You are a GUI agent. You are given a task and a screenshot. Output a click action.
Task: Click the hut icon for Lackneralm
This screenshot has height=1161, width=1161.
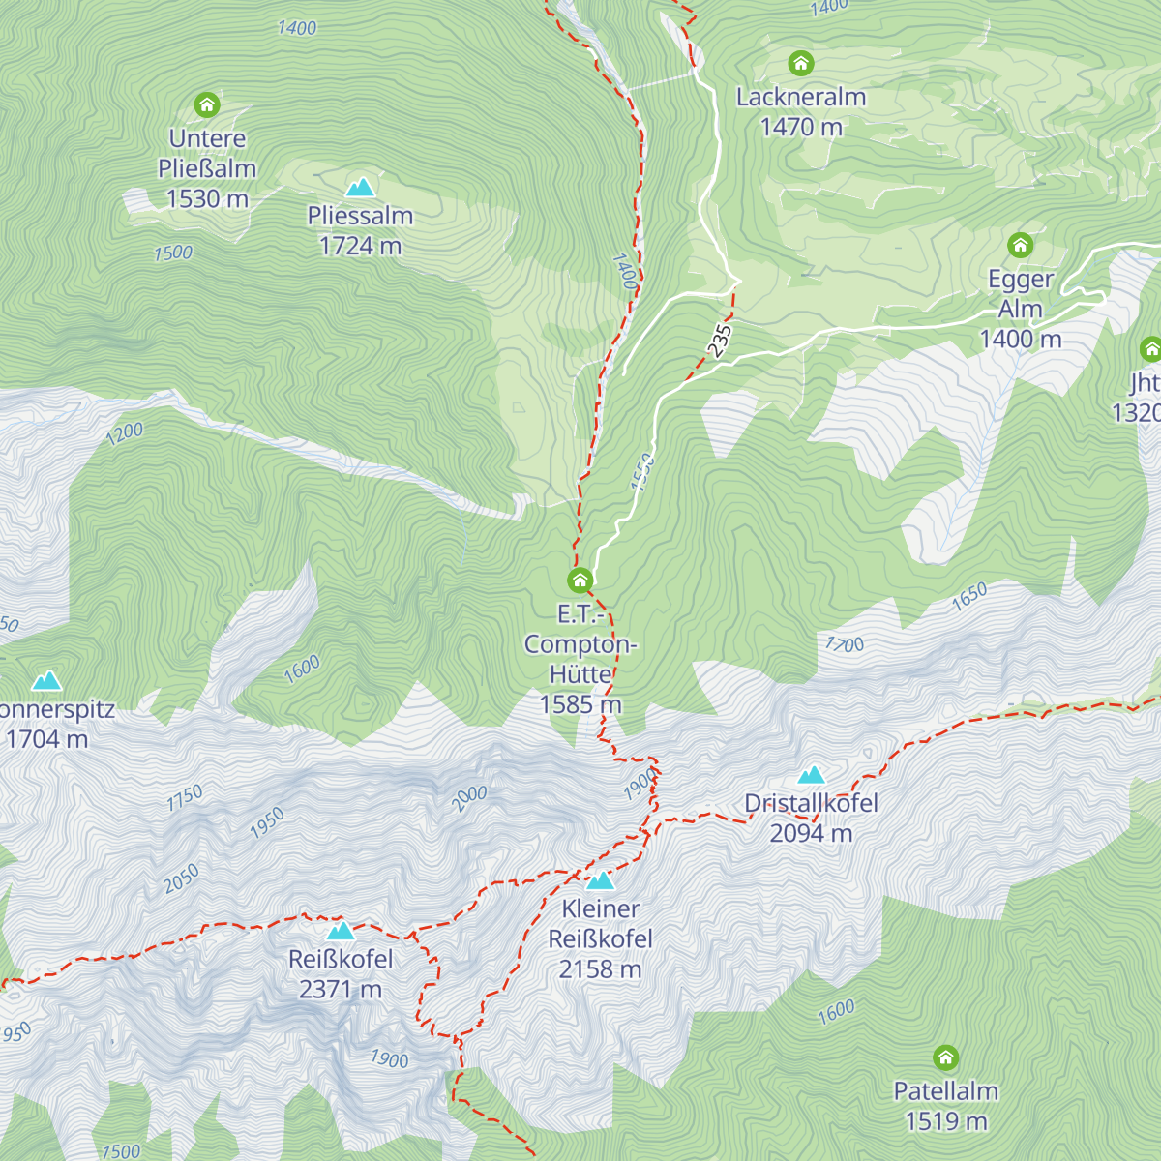(800, 64)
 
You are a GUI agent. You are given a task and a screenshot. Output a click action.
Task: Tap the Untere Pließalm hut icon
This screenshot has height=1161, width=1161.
(207, 104)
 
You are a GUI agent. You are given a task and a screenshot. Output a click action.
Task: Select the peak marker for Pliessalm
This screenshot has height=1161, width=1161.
(361, 187)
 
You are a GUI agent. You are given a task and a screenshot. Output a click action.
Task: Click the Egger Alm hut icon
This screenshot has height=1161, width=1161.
(1021, 246)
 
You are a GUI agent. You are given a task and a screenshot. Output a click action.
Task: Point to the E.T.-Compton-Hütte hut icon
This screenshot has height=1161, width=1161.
(580, 580)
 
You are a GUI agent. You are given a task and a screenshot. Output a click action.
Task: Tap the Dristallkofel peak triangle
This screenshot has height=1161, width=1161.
(811, 775)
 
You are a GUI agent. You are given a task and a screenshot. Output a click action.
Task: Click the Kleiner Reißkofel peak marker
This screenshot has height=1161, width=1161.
(601, 880)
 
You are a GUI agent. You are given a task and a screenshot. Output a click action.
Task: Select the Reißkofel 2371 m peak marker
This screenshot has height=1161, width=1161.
(341, 931)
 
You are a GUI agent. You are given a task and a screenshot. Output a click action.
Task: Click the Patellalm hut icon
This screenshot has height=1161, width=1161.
(945, 1057)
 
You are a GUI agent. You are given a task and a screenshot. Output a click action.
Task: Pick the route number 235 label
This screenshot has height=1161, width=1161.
(719, 341)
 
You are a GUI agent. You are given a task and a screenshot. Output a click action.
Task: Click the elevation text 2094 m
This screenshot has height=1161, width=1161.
(811, 833)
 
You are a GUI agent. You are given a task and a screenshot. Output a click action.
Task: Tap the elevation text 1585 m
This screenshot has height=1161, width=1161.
(580, 704)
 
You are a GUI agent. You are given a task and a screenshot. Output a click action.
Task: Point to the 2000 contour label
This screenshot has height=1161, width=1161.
(469, 798)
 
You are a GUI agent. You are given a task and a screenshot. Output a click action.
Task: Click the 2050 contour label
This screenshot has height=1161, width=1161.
(181, 878)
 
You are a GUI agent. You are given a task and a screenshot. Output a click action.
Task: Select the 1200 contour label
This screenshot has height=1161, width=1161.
(124, 432)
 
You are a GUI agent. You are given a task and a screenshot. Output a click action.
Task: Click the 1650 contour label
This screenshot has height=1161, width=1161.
(968, 596)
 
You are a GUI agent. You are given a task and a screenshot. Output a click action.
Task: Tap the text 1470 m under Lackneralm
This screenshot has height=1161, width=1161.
(801, 127)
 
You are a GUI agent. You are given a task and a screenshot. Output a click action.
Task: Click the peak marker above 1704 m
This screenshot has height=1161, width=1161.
(46, 681)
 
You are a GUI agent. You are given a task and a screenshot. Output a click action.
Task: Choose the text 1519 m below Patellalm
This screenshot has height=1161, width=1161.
(945, 1121)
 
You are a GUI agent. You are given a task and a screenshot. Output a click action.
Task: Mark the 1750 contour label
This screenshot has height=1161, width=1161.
(184, 797)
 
